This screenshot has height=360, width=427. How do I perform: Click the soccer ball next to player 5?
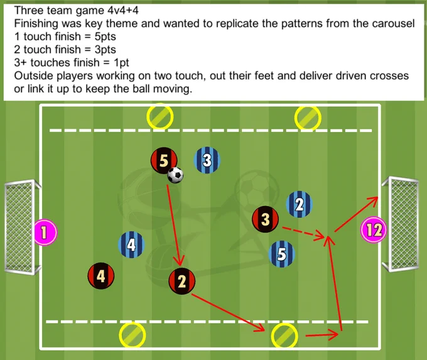point(175,175)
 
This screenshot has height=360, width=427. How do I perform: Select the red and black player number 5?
point(164,161)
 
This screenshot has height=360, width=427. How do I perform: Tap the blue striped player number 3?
point(207,160)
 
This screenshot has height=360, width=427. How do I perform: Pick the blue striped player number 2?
point(300,204)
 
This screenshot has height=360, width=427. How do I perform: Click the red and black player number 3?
point(266,219)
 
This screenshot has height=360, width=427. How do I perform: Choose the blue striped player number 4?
point(131,245)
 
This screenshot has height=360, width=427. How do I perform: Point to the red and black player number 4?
point(101,276)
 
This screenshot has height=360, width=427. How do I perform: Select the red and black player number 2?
point(182,281)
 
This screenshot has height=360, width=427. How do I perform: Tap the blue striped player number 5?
point(282,254)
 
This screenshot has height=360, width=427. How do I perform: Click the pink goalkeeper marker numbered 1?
point(45,232)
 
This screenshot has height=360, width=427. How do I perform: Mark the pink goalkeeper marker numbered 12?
point(374,230)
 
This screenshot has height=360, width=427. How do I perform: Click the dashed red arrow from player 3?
point(303,232)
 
